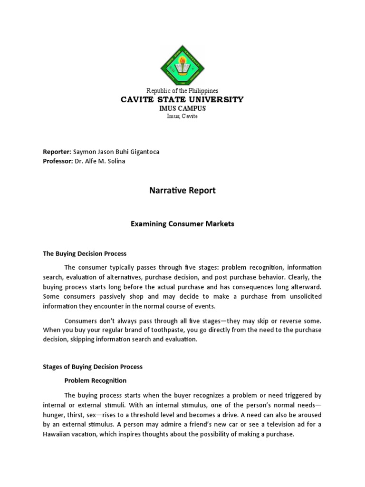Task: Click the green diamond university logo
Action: pos(182,64)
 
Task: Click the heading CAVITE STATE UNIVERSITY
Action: pos(182,99)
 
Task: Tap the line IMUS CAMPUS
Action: pos(182,108)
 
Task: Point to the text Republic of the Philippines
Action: pos(182,91)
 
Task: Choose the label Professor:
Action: pos(58,161)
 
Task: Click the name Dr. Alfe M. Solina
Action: pos(101,161)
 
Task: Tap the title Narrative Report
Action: pos(182,191)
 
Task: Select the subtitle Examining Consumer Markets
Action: pos(182,224)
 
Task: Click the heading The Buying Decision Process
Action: pos(85,253)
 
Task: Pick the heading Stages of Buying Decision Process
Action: pos(93,367)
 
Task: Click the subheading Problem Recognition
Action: pos(96,380)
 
